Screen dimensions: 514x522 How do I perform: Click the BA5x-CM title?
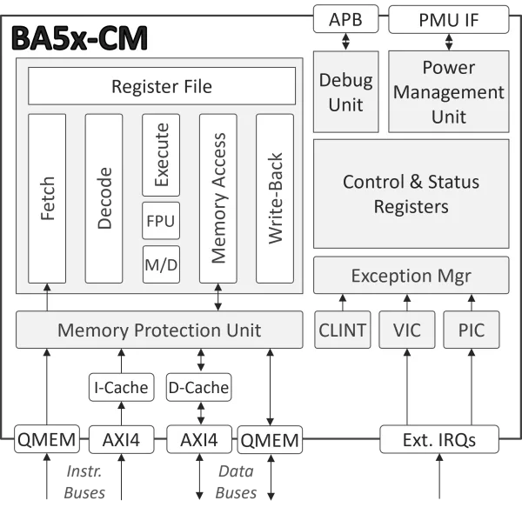coord(79,38)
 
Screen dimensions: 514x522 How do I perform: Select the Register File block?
coord(161,86)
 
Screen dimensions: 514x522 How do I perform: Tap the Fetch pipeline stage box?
coord(47,198)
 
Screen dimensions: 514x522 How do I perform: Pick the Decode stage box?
coord(104,198)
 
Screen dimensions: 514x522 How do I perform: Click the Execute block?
coord(161,155)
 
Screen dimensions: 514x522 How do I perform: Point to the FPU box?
coord(161,221)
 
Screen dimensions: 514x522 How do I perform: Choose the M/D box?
coord(161,264)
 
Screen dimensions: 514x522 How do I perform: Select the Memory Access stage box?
coord(217,198)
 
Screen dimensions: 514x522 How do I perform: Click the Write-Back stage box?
coord(275,198)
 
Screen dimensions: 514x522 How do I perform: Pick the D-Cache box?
coord(198,387)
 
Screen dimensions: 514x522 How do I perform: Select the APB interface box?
coord(345,18)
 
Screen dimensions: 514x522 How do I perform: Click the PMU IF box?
coord(447,18)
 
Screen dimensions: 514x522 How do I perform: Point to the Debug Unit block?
coord(345,91)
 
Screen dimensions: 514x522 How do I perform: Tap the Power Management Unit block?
coord(447,91)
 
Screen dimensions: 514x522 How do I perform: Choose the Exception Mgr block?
coord(411,276)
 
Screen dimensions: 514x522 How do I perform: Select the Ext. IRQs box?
coord(439,439)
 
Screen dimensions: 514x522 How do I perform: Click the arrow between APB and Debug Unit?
coord(345,41)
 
